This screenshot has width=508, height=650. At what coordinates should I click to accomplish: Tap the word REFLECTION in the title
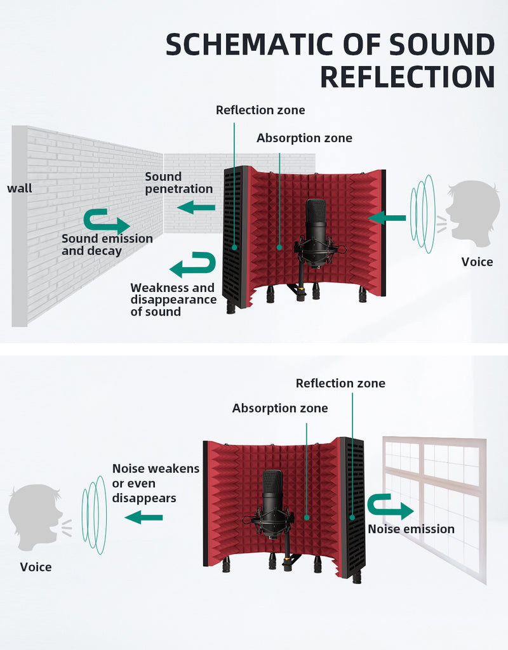click(x=408, y=77)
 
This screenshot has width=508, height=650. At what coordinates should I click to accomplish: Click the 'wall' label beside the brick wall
click(x=20, y=188)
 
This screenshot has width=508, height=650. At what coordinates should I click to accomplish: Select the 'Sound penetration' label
click(x=178, y=183)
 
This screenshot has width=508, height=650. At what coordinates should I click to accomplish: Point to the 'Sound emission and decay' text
click(x=107, y=244)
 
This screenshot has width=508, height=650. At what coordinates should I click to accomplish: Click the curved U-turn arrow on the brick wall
click(x=107, y=221)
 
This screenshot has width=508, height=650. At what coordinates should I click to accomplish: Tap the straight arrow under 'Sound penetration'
click(x=196, y=208)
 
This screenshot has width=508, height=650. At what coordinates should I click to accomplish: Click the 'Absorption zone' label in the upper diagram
click(x=304, y=138)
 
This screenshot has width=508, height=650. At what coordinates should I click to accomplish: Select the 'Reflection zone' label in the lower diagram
click(x=340, y=383)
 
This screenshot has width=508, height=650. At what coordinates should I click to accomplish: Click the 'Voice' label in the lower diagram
click(x=36, y=567)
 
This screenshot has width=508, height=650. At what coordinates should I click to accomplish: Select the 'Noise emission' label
click(x=411, y=529)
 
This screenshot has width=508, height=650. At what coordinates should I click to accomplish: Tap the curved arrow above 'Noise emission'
click(x=390, y=507)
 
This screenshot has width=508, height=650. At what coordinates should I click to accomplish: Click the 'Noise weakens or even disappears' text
click(x=156, y=483)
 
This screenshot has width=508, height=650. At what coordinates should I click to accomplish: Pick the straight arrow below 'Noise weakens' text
click(x=144, y=517)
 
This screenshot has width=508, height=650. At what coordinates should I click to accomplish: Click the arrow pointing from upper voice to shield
click(x=387, y=218)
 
